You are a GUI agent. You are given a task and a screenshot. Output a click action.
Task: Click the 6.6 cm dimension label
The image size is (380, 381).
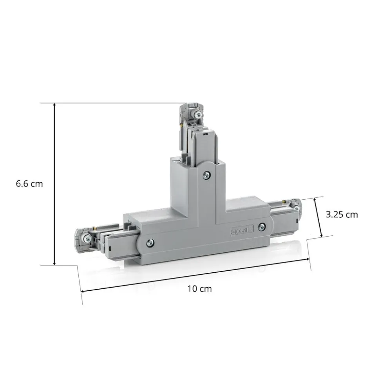[x=29, y=184]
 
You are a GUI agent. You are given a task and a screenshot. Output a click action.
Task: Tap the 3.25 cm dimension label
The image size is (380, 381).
[x=342, y=215]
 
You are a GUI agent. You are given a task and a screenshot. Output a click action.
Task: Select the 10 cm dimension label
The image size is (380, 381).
[x=199, y=289]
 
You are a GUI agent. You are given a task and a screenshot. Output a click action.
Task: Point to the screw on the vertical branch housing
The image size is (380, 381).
[x=206, y=175]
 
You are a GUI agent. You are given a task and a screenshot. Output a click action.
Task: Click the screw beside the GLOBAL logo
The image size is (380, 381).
[x=262, y=227]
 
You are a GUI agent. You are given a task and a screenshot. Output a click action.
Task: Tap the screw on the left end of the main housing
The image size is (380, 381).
[x=150, y=242]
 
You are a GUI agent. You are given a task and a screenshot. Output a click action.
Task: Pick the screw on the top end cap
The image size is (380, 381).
[x=199, y=114]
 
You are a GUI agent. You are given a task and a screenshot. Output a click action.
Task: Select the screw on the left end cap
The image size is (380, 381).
[x=87, y=239]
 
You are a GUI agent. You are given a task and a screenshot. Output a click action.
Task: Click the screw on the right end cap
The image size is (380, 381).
[x=296, y=208]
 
